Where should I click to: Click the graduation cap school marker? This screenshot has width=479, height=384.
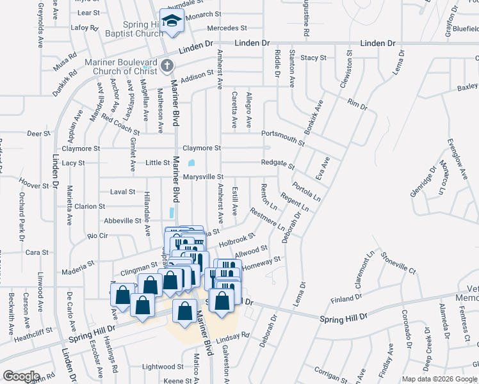pos(172,21)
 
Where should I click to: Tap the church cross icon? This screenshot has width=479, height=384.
pos(167,65)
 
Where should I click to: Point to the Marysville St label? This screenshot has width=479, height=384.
pos(202,177)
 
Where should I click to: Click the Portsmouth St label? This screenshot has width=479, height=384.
pos(283,134)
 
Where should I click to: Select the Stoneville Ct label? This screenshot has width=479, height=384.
pos(398,263)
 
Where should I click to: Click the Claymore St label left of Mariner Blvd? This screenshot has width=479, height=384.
pos(81,148)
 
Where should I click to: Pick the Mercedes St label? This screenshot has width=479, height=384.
pos(227,28)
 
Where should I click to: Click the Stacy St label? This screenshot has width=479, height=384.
pos(314,58)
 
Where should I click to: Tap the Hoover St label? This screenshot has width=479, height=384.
pos(35,186)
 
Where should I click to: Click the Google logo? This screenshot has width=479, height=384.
pos(20,376)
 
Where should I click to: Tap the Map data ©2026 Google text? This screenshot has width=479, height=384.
pos(440,379)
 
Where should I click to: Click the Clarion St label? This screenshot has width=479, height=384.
pos(90,207)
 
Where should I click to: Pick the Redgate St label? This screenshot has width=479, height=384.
pos(277,163)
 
